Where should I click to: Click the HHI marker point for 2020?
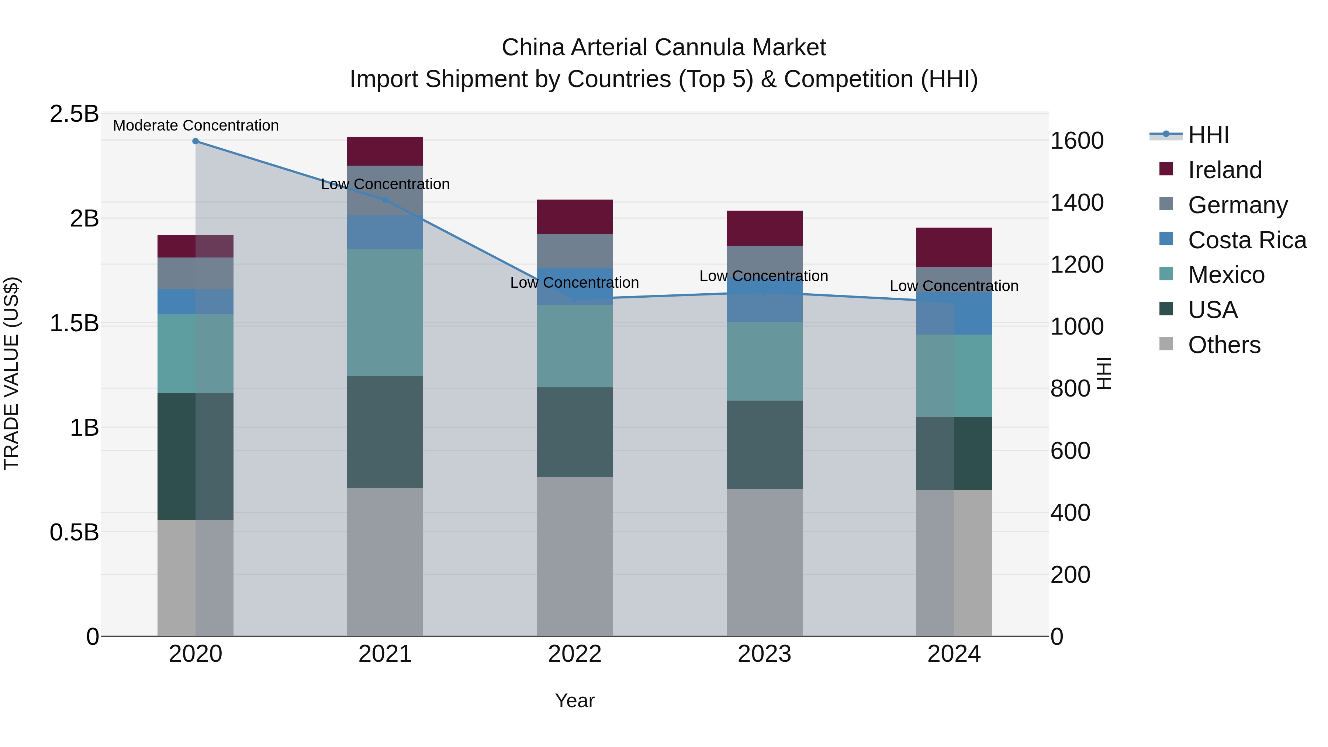pos(196,141)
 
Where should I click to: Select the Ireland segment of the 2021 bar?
pos(385,151)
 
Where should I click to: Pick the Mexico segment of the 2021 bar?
pos(385,312)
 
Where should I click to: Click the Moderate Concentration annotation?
pos(196,125)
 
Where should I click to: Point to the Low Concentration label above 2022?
pos(574,283)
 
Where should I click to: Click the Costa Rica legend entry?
pos(1246,240)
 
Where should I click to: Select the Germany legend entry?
pos(1237,205)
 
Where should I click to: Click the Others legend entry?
pos(1224,345)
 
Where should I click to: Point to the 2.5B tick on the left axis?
pos(74,114)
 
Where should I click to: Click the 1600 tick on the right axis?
pos(1077,141)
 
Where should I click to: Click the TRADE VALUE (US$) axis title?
pos(11,373)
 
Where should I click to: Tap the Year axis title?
pos(574,701)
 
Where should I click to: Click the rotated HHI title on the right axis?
pos(1103,373)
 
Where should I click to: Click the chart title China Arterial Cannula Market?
pos(664,48)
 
